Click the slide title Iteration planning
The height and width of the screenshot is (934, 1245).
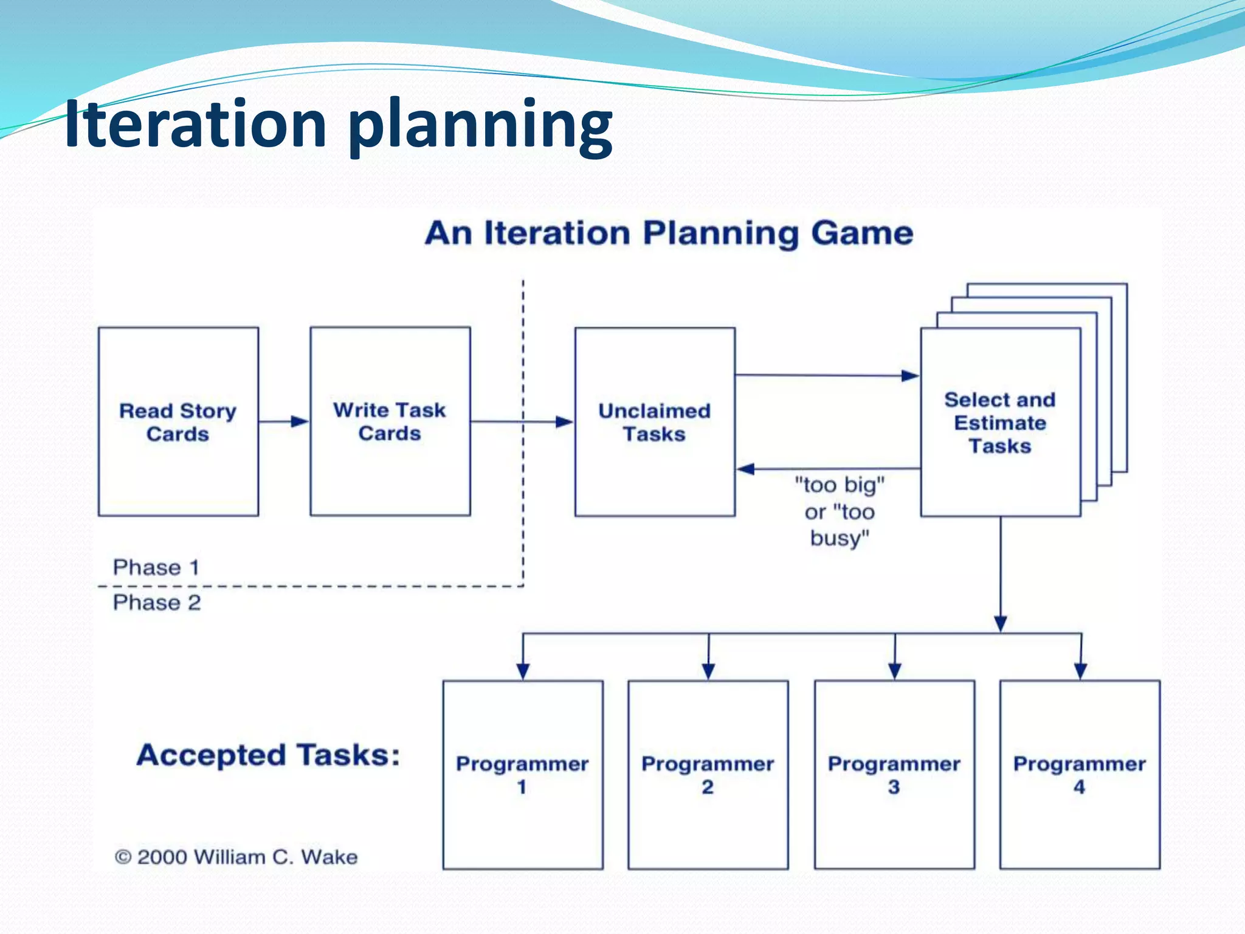[338, 125]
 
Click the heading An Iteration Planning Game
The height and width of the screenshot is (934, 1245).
[669, 233]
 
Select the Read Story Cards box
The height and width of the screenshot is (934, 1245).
[178, 422]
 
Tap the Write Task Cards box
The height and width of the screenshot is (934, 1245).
[390, 421]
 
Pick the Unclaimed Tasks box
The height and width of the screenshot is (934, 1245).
[655, 422]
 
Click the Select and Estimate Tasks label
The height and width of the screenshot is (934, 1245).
[1000, 423]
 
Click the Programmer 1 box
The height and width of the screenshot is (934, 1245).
[523, 775]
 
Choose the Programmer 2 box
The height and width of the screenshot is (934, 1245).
[708, 775]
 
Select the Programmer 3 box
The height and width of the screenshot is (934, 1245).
[894, 775]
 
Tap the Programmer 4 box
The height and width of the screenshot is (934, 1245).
[1080, 775]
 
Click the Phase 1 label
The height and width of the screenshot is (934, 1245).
[156, 567]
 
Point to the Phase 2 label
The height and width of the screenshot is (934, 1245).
[157, 603]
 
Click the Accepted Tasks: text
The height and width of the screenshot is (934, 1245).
[268, 755]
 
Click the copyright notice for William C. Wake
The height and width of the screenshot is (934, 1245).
[236, 857]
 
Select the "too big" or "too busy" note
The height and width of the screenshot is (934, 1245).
[840, 511]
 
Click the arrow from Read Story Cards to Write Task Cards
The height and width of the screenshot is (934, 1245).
[284, 421]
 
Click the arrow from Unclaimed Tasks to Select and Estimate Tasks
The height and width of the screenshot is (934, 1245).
[827, 375]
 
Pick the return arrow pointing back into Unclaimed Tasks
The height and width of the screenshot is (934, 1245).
[827, 469]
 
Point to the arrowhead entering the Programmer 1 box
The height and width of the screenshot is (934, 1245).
[523, 671]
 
